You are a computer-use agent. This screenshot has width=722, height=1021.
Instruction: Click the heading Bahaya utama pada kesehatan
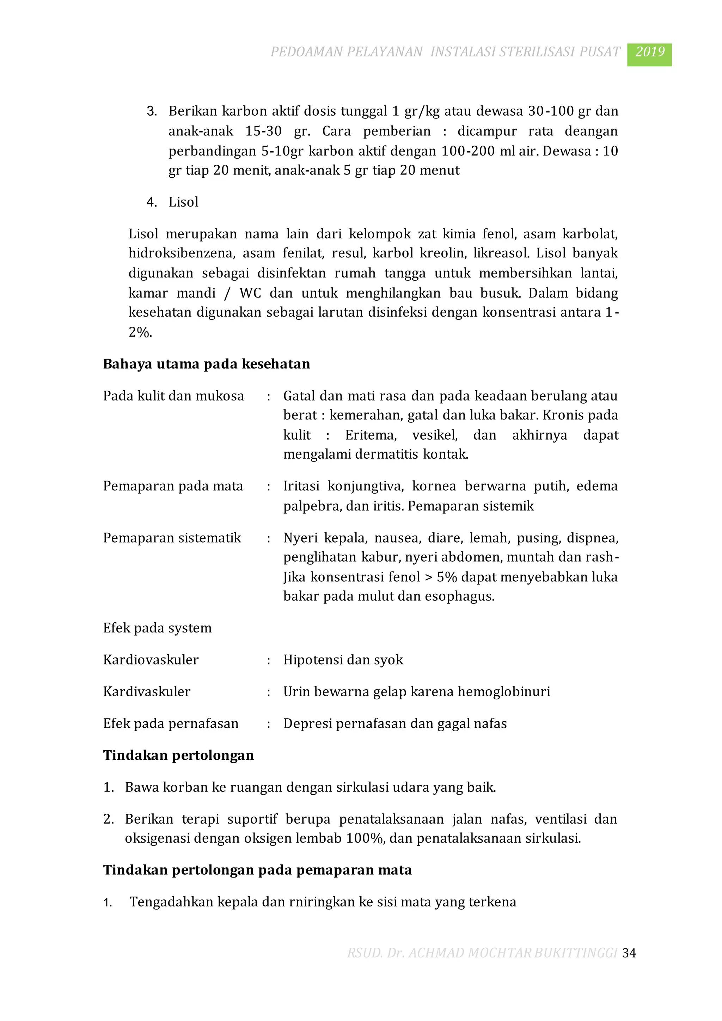click(206, 364)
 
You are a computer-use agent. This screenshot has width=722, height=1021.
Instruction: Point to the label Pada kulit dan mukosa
click(173, 396)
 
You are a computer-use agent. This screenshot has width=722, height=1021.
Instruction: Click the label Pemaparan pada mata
click(173, 486)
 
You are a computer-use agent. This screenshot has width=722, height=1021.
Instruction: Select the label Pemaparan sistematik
click(172, 538)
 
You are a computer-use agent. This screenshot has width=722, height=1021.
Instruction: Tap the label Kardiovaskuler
click(151, 660)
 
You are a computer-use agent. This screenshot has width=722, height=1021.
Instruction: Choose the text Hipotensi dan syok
click(343, 660)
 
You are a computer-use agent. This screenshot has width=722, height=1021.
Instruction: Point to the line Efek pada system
click(157, 628)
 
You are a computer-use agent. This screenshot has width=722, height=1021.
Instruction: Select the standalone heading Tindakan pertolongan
click(178, 755)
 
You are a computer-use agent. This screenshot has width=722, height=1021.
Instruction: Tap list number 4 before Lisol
click(151, 202)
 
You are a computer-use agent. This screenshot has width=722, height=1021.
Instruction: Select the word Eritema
click(370, 435)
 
